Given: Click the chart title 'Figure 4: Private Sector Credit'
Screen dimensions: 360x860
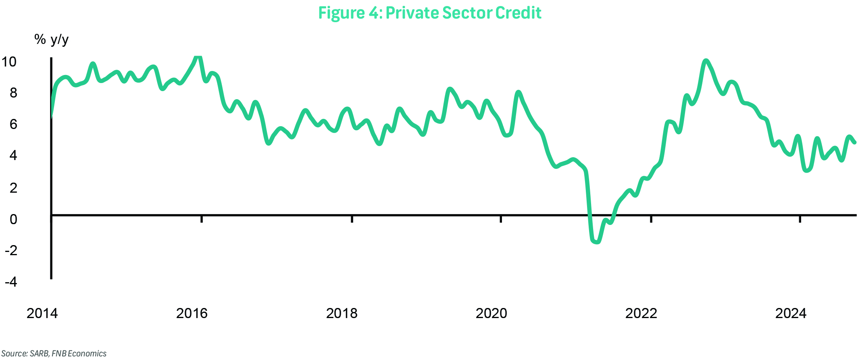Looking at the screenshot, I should point(430,13).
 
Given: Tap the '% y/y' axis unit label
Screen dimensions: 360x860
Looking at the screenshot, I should point(51,40).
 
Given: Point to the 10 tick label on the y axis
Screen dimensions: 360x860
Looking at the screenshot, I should point(9,62).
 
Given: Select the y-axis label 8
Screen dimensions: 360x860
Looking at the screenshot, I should point(13,93).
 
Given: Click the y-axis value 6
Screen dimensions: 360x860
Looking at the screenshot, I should point(13,124).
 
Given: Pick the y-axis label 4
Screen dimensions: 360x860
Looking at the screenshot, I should point(13,155).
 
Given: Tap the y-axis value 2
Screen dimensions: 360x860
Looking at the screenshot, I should point(13,187).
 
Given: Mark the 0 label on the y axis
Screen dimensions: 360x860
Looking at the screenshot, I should point(13,219).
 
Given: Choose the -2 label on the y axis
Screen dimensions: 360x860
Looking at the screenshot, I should point(11,250).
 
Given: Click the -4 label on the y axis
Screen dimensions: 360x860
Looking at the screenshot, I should point(11,281).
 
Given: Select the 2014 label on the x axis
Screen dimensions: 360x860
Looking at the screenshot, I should point(42,313).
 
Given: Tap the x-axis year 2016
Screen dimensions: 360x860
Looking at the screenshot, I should point(192,313).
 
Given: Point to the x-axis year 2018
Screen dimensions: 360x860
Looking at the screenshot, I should point(342,313).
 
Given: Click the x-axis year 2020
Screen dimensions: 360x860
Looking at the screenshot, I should point(491,313).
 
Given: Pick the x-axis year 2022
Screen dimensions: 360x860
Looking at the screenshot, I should point(641,313).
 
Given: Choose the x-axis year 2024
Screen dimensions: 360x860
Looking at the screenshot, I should point(791,313).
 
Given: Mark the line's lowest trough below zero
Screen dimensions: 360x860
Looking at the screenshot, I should point(596,242).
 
